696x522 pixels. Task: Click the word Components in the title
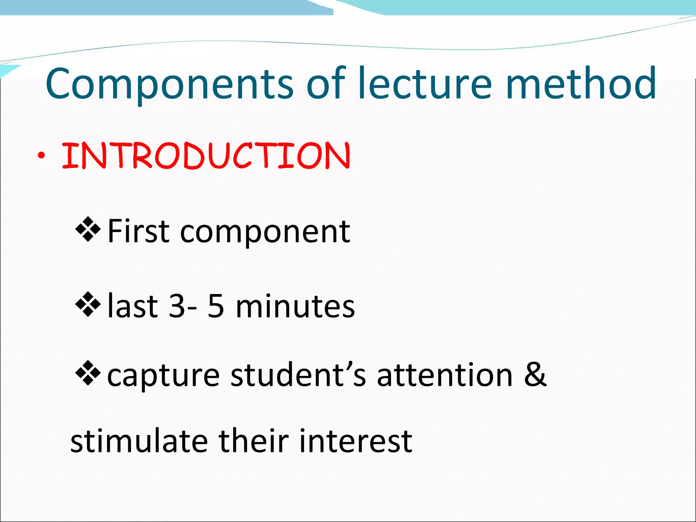tap(169, 84)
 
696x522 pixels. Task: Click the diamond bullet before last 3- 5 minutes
tap(88, 304)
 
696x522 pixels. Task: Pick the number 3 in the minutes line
tap(177, 306)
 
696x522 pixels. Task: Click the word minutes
tap(295, 306)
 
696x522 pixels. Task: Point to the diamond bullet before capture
tap(88, 373)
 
